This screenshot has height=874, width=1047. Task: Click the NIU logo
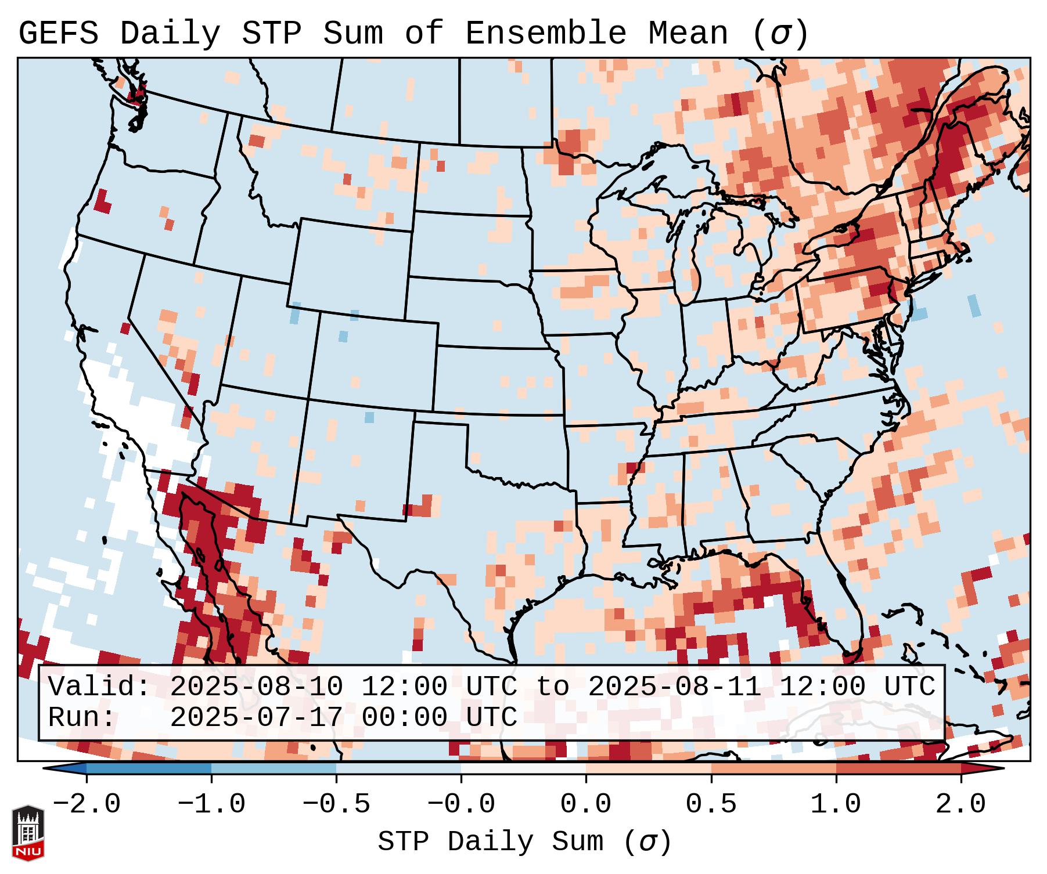point(28,833)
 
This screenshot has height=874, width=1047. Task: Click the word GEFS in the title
point(58,34)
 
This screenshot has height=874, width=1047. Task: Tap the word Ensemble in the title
point(546,34)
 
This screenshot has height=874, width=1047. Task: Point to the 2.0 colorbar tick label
point(961,804)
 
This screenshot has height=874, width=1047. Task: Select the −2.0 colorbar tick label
point(87,804)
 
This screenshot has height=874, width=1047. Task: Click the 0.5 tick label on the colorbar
point(711,804)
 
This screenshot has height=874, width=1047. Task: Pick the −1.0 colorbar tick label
point(211,804)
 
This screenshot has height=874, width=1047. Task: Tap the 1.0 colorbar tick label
point(836,804)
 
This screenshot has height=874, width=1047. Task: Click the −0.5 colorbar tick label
point(336,804)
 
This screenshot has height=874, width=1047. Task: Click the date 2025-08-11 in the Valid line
point(675,687)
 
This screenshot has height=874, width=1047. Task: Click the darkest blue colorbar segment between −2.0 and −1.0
point(149,768)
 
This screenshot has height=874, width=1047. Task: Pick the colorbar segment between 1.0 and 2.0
point(898,768)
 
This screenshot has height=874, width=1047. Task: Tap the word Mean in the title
point(688,34)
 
